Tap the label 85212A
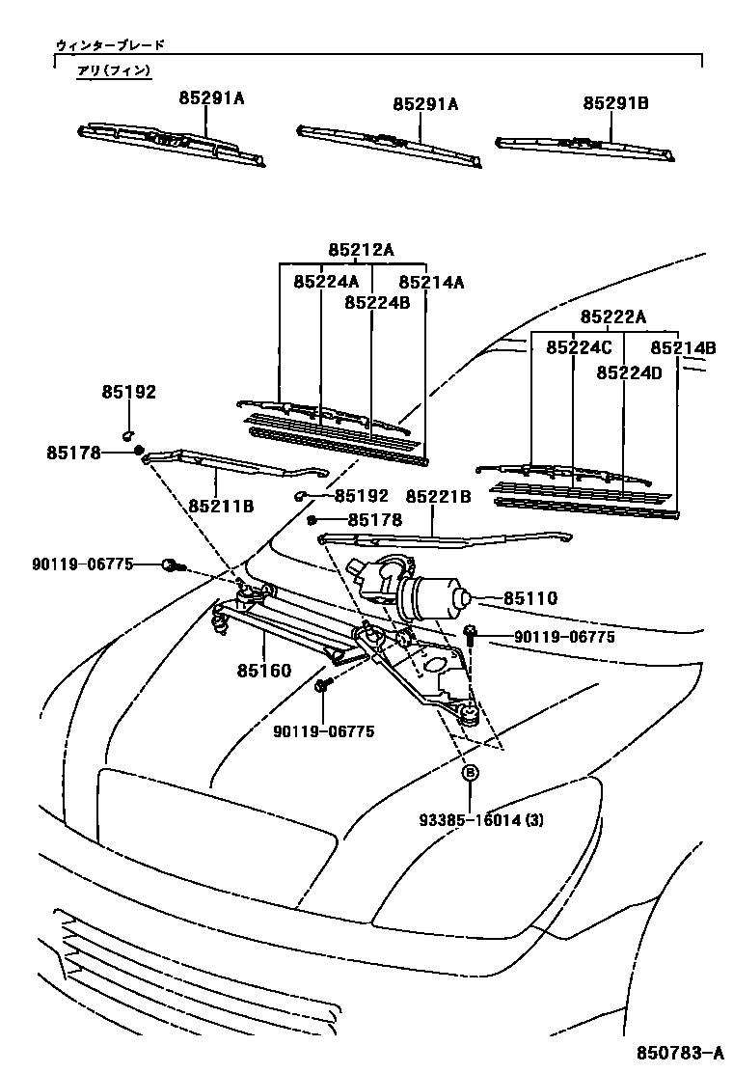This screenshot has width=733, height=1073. [361, 249]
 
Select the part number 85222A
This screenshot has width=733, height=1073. [612, 317]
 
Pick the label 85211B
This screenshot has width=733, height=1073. [221, 505]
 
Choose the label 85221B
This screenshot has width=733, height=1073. [438, 496]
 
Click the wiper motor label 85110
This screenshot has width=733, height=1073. [529, 599]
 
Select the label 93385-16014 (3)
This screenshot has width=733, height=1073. [481, 820]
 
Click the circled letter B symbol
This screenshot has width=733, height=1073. [471, 772]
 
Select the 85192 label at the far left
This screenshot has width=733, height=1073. [128, 392]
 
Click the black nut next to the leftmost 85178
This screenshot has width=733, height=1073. [138, 450]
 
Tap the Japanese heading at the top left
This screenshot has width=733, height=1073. [110, 44]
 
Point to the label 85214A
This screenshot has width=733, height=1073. [431, 282]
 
